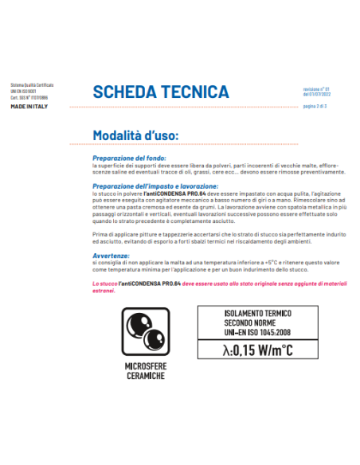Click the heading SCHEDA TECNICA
point(161,92)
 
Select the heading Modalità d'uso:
point(135,134)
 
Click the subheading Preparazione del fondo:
point(126,158)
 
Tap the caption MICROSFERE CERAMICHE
point(145,372)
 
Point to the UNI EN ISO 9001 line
point(24,92)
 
